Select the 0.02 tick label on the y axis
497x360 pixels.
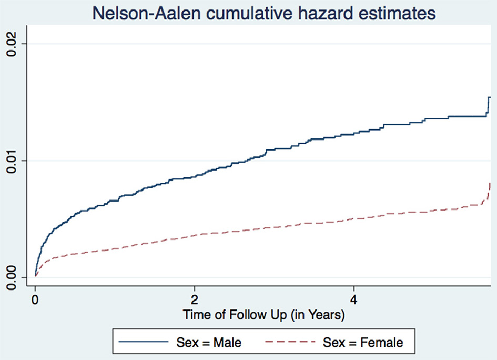coord(12,44)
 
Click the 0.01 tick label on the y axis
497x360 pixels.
coord(12,161)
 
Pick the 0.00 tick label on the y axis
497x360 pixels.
coord(12,277)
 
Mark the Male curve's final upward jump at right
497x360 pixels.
coord(489,105)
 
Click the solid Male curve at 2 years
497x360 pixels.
coord(195,176)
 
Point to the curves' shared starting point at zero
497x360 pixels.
coord(35,275)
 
